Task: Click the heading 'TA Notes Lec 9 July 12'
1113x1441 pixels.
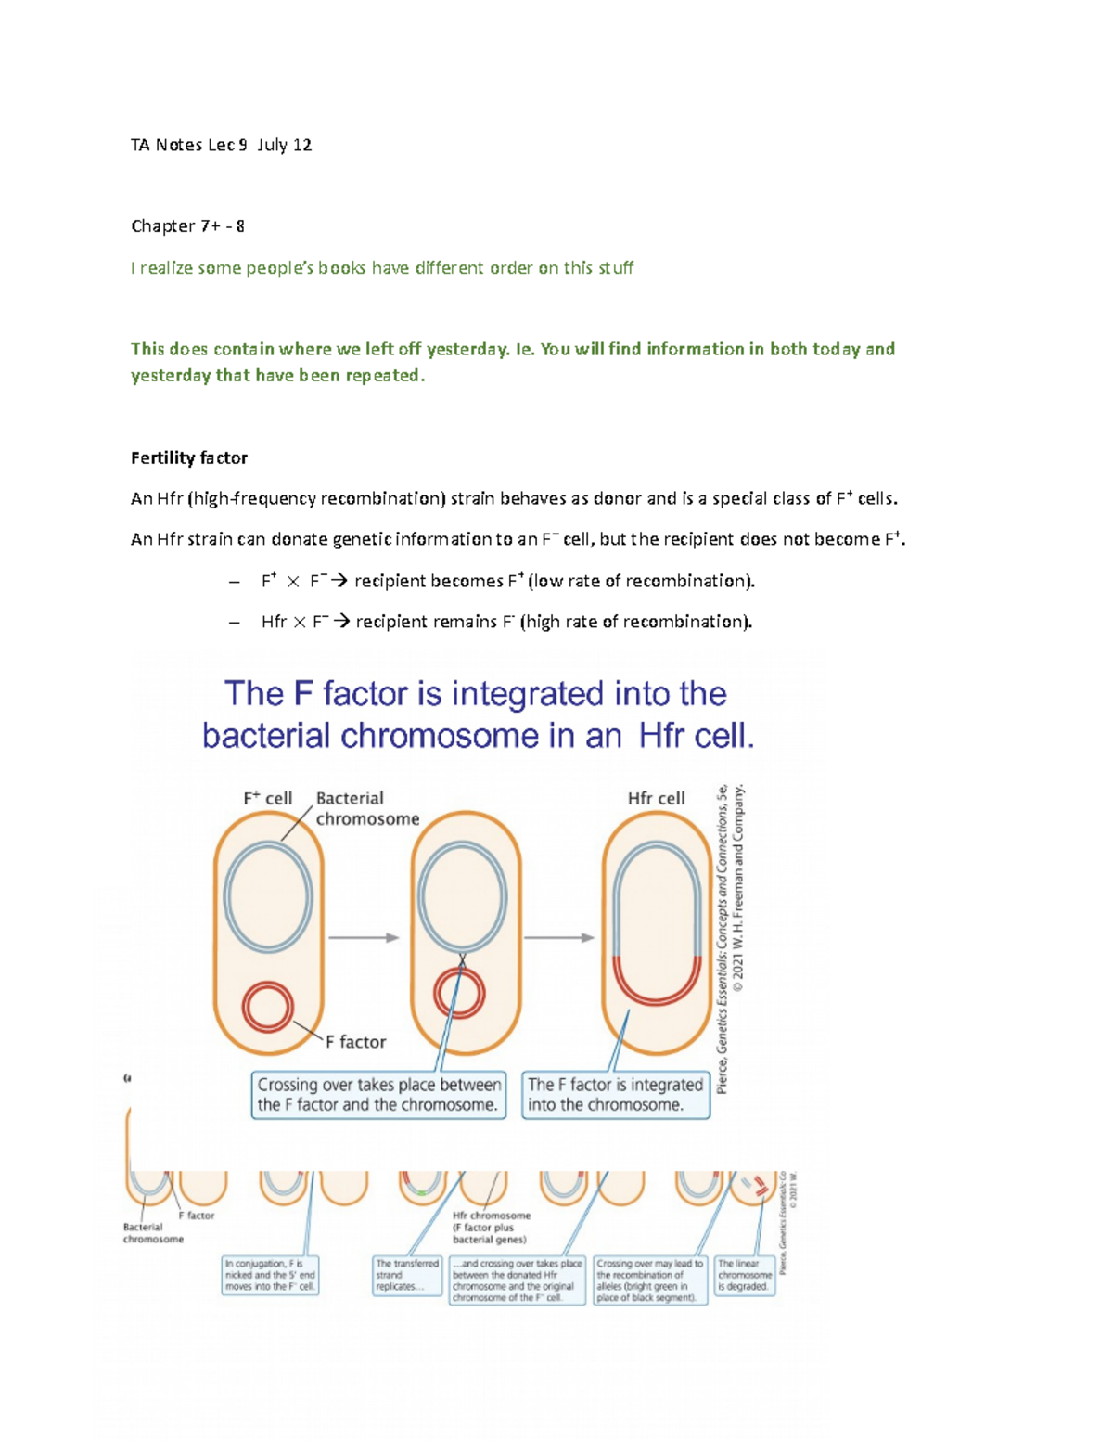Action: pos(221,145)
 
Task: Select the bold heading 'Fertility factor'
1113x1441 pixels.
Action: pos(189,457)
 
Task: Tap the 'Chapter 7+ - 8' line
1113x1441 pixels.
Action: pos(187,226)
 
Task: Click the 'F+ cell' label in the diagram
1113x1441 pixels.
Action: pos(267,798)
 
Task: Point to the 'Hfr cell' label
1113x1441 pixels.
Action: pos(656,798)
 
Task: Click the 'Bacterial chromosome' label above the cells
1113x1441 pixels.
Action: pos(366,808)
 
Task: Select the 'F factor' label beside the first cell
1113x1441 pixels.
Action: pos(355,1042)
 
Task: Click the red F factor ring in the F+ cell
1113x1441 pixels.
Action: pos(268,1008)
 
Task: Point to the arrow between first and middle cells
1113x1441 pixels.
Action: pos(363,938)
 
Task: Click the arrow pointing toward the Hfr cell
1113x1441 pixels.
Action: pos(559,938)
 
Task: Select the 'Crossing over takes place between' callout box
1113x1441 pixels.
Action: pos(378,1095)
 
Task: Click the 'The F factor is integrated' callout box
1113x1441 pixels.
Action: pos(616,1095)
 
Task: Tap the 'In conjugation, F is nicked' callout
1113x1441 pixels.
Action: pos(270,1275)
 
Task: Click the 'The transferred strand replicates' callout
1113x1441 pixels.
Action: pos(407,1275)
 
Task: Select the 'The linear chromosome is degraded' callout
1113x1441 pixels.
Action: pos(744,1275)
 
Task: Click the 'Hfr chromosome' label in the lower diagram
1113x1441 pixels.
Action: pos(492,1216)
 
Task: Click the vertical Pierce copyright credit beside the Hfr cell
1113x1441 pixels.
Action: pos(730,937)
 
